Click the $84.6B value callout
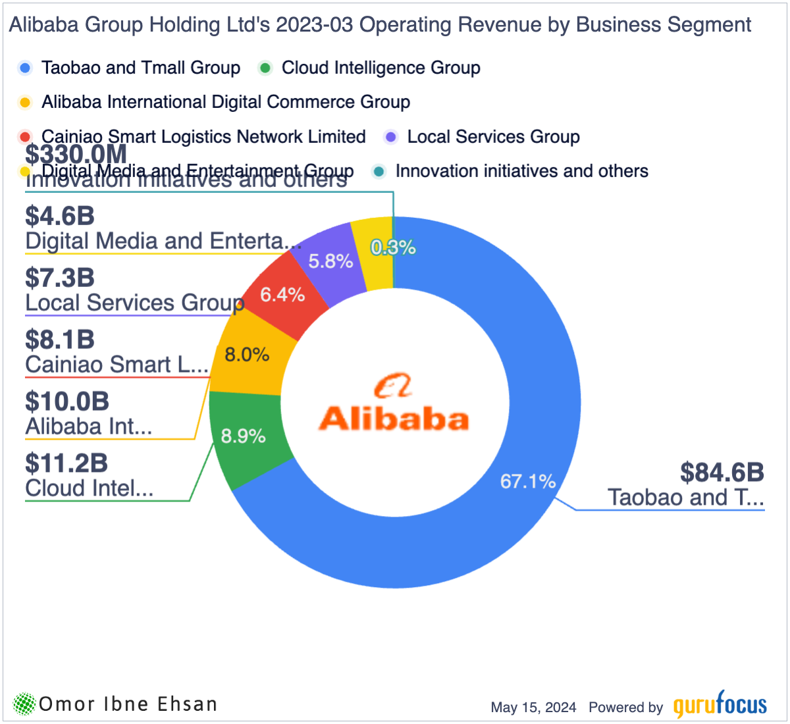pos(722,473)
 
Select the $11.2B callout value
pos(66,463)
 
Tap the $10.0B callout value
pos(67,401)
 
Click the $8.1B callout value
pos(60,340)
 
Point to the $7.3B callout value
pos(60,278)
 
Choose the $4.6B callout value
pos(60,216)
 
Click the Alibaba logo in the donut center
pos(394,405)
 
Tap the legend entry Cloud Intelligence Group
pos(381,68)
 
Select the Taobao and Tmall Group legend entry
pos(140,68)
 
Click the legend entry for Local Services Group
pos(493,137)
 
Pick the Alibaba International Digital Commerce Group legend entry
pos(225,102)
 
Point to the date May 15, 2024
pos(533,708)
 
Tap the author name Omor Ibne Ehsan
pos(128,704)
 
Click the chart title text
pos(380,25)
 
